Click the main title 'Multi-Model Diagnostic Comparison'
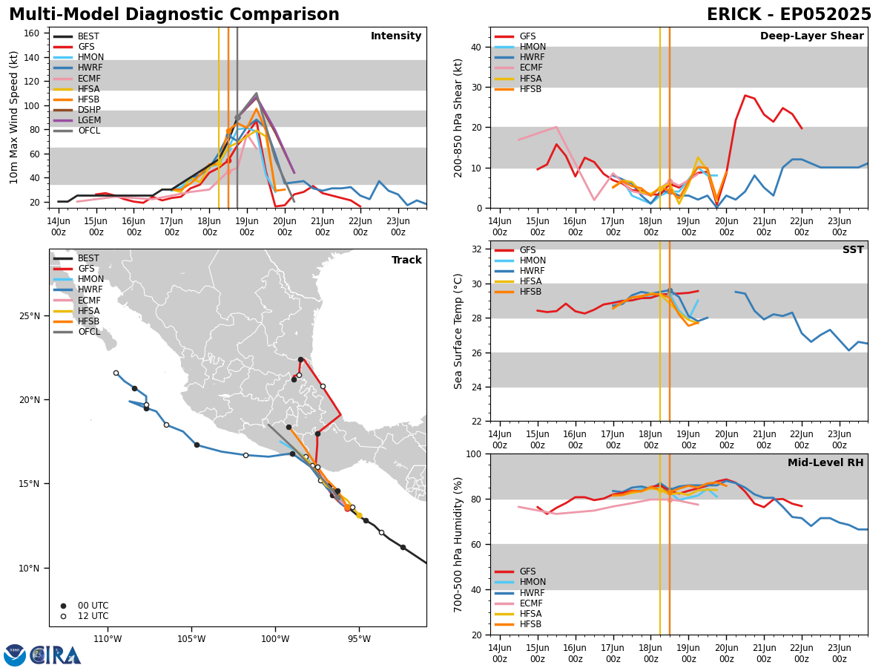point(174,15)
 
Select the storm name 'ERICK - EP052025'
point(788,15)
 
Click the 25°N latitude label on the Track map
point(30,316)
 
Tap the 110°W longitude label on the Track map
point(108,639)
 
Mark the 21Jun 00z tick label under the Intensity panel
point(323,226)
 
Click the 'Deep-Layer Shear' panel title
point(811,36)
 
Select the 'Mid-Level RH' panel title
point(825,462)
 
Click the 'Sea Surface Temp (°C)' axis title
point(458,331)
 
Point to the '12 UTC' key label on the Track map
point(93,616)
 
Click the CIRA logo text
point(56,655)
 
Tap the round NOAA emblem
point(15,655)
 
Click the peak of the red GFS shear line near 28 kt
point(745,95)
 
